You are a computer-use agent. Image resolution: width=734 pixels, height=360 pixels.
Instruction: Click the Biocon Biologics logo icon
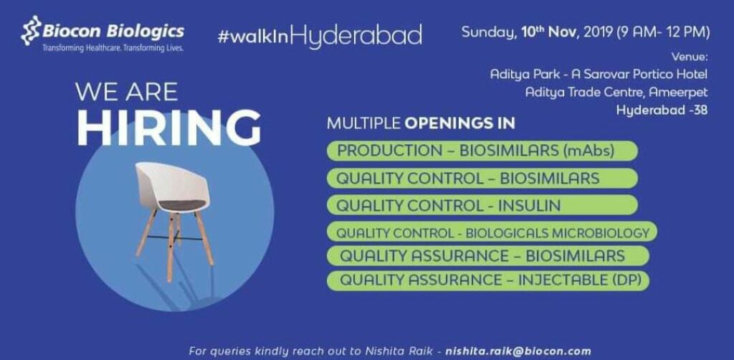pyautogui.click(x=31, y=31)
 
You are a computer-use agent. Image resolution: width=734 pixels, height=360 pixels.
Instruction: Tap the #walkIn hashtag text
pyautogui.click(x=253, y=37)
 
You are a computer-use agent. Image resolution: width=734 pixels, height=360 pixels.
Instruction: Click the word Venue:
pyautogui.click(x=690, y=57)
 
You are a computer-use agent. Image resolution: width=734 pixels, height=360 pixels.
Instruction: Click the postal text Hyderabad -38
pyautogui.click(x=662, y=111)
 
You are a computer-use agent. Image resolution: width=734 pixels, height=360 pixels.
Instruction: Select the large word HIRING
pyautogui.click(x=168, y=128)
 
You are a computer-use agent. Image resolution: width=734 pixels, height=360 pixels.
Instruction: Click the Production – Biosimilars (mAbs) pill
pyautogui.click(x=482, y=151)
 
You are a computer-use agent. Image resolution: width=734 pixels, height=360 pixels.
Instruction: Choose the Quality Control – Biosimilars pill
pyautogui.click(x=482, y=179)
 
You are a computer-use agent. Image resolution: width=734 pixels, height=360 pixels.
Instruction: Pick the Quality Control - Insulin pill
pyautogui.click(x=482, y=206)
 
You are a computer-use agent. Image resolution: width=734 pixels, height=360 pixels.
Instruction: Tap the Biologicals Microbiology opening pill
pyautogui.click(x=492, y=232)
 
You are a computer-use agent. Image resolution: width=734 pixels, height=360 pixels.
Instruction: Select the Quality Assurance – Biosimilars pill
pyautogui.click(x=488, y=255)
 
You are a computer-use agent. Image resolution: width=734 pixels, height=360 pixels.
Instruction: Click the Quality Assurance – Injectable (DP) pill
pyautogui.click(x=488, y=280)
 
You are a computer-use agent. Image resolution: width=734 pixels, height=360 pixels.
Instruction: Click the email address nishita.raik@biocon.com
pyautogui.click(x=518, y=351)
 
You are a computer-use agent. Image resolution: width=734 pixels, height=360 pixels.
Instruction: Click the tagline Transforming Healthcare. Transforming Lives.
pyautogui.click(x=113, y=48)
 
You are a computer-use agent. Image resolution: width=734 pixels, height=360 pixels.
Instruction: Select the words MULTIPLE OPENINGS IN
pyautogui.click(x=421, y=123)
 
